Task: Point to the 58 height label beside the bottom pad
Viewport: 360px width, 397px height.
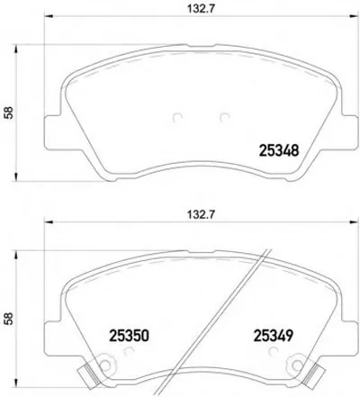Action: (8, 318)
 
